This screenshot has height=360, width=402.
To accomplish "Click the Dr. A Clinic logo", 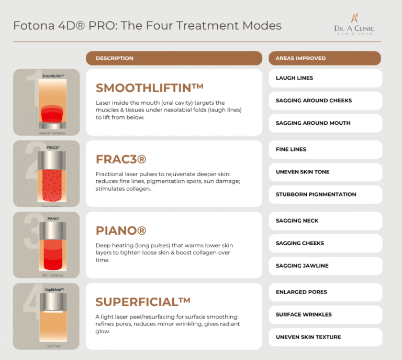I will coord(354,25).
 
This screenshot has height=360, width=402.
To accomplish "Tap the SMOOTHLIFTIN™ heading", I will coord(150,87).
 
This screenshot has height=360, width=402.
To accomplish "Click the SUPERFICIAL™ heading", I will coord(143,302).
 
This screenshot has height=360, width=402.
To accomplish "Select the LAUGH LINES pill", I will coord(325,78).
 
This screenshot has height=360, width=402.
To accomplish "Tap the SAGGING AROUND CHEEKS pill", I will coord(325,101).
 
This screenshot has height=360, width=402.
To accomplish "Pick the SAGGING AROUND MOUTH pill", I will coord(325,123).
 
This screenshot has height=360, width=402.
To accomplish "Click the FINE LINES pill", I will coord(325,149).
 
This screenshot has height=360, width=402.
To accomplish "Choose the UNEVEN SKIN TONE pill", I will coord(325,172).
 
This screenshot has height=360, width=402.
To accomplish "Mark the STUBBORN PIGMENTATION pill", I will coord(325,194).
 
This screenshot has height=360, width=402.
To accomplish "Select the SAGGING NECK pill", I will coord(325,221).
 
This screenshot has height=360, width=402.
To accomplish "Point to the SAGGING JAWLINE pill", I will coord(325,266).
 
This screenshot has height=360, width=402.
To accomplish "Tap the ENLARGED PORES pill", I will coord(325,292).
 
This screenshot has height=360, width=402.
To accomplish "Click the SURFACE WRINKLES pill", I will coord(325,314).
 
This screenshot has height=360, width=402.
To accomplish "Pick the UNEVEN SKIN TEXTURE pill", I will coord(325,337).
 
